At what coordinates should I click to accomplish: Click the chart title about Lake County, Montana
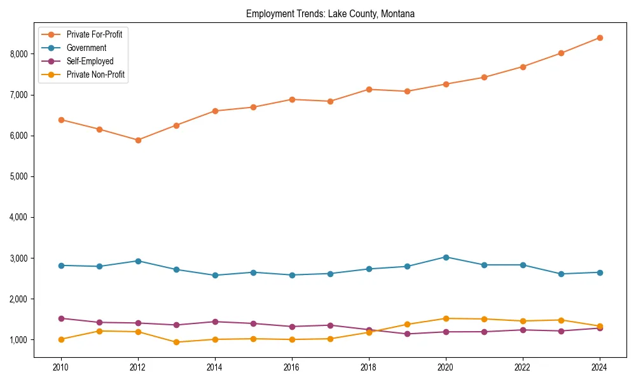point(330,13)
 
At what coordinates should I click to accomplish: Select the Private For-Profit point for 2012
point(138,140)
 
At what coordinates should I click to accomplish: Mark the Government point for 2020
point(446,257)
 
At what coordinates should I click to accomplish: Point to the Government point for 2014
point(215,276)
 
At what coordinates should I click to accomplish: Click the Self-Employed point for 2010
point(61,318)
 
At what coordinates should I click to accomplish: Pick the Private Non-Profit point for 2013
point(176,343)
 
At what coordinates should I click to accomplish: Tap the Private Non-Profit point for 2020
point(446,318)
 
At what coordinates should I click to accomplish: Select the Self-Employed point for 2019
point(407,334)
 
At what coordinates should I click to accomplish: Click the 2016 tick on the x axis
point(292,367)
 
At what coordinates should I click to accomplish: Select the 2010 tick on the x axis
point(61,367)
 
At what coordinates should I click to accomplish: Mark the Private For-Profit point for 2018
point(369,89)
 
